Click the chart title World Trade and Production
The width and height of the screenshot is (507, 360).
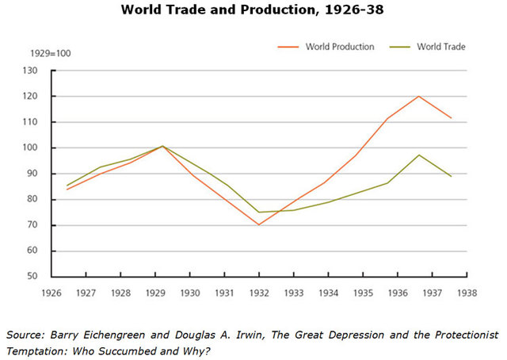[x=253, y=11]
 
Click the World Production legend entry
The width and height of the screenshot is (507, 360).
[x=340, y=47]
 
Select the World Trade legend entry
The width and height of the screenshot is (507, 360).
[x=440, y=47]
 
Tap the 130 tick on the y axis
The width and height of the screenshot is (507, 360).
[x=31, y=71]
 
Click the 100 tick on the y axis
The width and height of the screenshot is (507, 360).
[x=31, y=148]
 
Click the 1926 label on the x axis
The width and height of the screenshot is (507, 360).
[x=51, y=291]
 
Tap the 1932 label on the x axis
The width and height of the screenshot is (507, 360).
[x=258, y=291]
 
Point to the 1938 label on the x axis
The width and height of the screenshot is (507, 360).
[x=467, y=291]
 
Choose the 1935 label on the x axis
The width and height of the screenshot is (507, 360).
[x=362, y=291]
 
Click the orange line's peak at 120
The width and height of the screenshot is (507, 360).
[x=418, y=96]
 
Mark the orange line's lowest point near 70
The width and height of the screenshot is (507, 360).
[x=258, y=224]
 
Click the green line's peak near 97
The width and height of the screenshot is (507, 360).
[x=418, y=155]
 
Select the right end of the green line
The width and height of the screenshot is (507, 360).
[x=452, y=176]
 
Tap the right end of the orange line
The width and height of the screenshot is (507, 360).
[x=452, y=118]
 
